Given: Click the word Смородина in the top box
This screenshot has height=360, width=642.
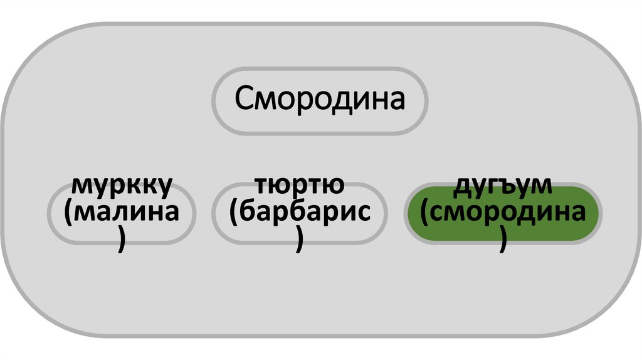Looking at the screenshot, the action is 320,99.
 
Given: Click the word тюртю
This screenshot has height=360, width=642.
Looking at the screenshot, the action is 299,186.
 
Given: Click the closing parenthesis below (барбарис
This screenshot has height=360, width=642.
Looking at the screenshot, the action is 300,241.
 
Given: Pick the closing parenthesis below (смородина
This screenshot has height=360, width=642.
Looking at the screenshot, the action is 503,241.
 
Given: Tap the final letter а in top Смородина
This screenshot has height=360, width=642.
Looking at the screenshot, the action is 396,100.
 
